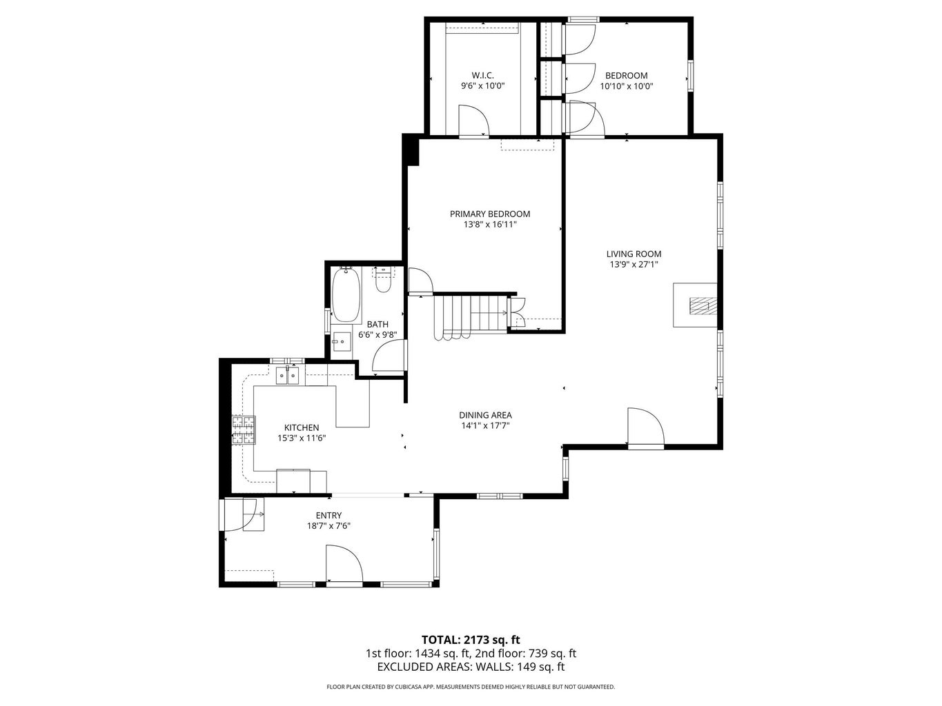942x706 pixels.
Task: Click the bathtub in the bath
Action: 346,295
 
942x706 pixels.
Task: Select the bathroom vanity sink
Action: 342,341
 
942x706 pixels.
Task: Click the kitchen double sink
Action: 288,376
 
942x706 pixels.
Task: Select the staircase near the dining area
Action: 469,316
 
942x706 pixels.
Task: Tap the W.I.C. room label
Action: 482,75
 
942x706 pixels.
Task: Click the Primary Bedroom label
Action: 490,214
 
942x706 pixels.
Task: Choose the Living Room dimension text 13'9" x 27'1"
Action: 634,264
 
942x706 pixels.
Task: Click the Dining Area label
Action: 485,415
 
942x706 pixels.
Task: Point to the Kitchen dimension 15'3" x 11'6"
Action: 302,438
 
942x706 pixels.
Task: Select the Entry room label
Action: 328,515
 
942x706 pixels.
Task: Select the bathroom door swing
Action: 389,359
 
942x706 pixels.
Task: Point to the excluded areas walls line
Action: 471,667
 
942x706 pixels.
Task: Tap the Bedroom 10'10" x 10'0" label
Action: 626,75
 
